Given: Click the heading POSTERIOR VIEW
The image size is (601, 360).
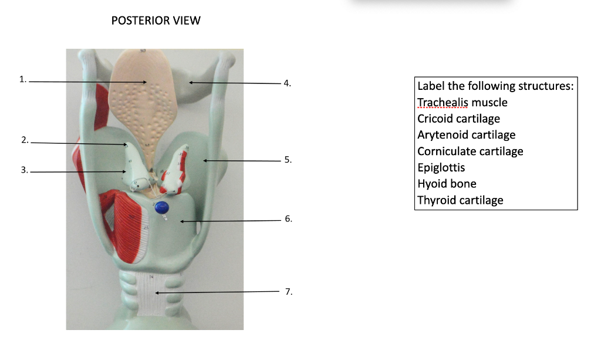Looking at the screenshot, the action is [x=156, y=21].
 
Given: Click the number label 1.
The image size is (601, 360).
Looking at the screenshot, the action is [x=23, y=79].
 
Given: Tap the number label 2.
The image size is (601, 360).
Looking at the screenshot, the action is [x=24, y=140].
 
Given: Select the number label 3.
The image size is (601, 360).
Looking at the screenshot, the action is [x=24, y=170].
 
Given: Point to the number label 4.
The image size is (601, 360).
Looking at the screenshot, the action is [x=287, y=83].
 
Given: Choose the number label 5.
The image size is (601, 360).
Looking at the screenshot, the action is [x=288, y=160].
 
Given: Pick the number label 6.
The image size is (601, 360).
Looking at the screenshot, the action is [x=288, y=218].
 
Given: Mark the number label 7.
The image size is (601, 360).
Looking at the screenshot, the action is [x=288, y=291].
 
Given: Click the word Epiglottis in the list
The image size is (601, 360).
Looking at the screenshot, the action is [x=441, y=167].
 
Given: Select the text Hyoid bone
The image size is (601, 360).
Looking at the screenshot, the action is [x=447, y=184].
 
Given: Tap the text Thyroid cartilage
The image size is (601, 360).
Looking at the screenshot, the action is [x=460, y=200].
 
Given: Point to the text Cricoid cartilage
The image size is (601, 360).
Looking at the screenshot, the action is [x=458, y=119].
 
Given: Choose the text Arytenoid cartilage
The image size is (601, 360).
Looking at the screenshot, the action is [x=466, y=135].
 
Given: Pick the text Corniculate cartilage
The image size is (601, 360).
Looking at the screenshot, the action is [x=470, y=152].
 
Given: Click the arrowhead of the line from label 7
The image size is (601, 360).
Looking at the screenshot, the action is [x=157, y=292].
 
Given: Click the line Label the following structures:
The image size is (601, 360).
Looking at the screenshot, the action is [x=495, y=86].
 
